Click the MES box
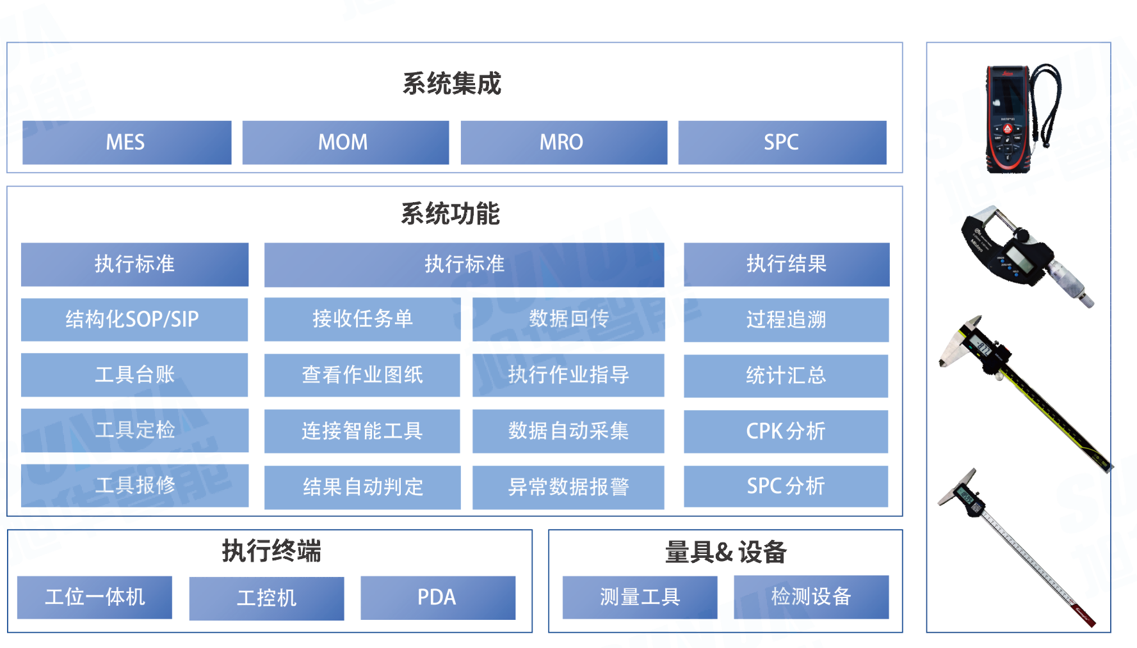click(x=126, y=142)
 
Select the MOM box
click(x=344, y=142)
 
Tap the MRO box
click(x=563, y=142)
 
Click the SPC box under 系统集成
click(x=782, y=142)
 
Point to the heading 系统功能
click(x=450, y=214)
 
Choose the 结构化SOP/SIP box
click(x=133, y=319)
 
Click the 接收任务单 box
click(x=362, y=319)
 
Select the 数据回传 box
click(x=568, y=319)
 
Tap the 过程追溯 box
click(x=786, y=320)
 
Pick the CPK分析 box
click(x=786, y=432)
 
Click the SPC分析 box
click(x=786, y=486)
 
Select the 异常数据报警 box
click(x=568, y=487)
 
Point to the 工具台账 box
click(x=134, y=375)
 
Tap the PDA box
click(x=437, y=597)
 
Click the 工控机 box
click(x=266, y=598)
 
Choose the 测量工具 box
click(x=640, y=597)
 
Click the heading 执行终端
click(x=271, y=551)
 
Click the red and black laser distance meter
click(x=1008, y=118)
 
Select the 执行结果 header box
click(x=786, y=264)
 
